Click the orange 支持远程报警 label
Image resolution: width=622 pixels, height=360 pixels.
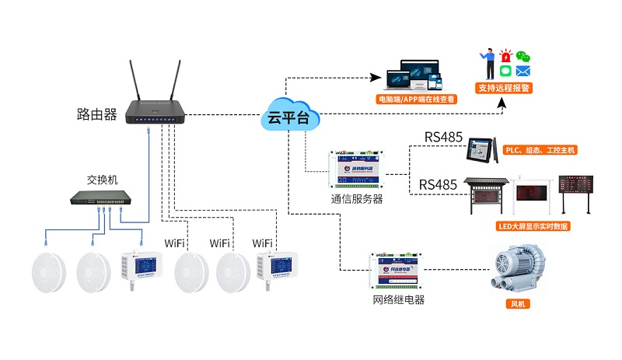(504, 89)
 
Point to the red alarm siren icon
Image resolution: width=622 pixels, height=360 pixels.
(505, 57)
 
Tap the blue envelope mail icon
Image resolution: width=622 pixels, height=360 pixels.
(522, 72)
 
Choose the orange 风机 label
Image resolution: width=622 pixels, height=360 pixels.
(516, 304)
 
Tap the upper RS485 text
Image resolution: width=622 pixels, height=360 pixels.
(443, 138)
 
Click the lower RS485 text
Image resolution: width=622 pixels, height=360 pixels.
(438, 184)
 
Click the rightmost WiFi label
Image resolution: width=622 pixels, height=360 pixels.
(263, 243)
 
